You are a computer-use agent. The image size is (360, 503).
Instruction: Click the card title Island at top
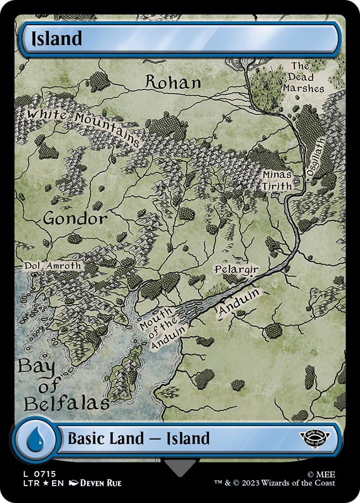coord(57,39)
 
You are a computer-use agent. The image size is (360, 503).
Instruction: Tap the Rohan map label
coord(173,83)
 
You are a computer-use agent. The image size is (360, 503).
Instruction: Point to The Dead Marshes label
coord(303,77)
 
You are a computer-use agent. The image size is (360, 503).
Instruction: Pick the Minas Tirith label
coord(277,180)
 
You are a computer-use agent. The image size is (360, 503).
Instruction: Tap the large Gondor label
coord(75,219)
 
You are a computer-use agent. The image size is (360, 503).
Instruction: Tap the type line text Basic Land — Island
coord(139,439)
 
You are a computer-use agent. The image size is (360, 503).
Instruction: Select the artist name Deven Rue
coord(100,483)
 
